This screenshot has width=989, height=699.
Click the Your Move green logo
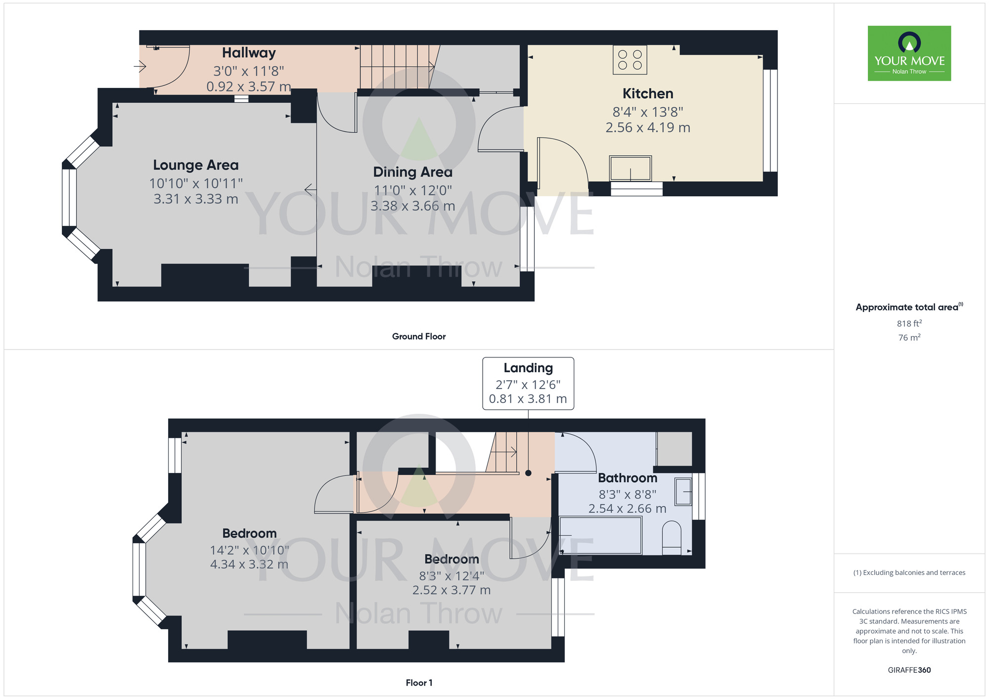click(909, 53)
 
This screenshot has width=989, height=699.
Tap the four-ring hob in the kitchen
click(629, 60)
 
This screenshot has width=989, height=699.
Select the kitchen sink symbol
click(630, 169)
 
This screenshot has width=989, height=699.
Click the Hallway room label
click(249, 53)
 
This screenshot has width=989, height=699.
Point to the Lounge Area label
click(196, 165)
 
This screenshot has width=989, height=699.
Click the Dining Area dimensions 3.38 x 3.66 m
click(412, 206)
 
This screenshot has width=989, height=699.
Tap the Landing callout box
click(528, 384)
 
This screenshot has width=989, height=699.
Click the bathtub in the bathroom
click(600, 535)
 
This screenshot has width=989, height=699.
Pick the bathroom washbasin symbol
click(683, 491)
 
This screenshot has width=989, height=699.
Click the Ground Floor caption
click(419, 337)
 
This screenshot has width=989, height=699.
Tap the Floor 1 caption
click(419, 683)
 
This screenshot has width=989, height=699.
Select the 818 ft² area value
click(909, 324)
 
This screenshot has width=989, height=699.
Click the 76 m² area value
click(909, 338)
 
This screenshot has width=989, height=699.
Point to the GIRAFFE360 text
click(909, 670)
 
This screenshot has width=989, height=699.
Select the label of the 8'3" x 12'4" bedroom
click(451, 559)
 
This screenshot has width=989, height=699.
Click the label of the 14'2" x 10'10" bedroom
click(249, 533)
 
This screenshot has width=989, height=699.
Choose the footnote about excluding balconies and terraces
click(909, 573)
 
